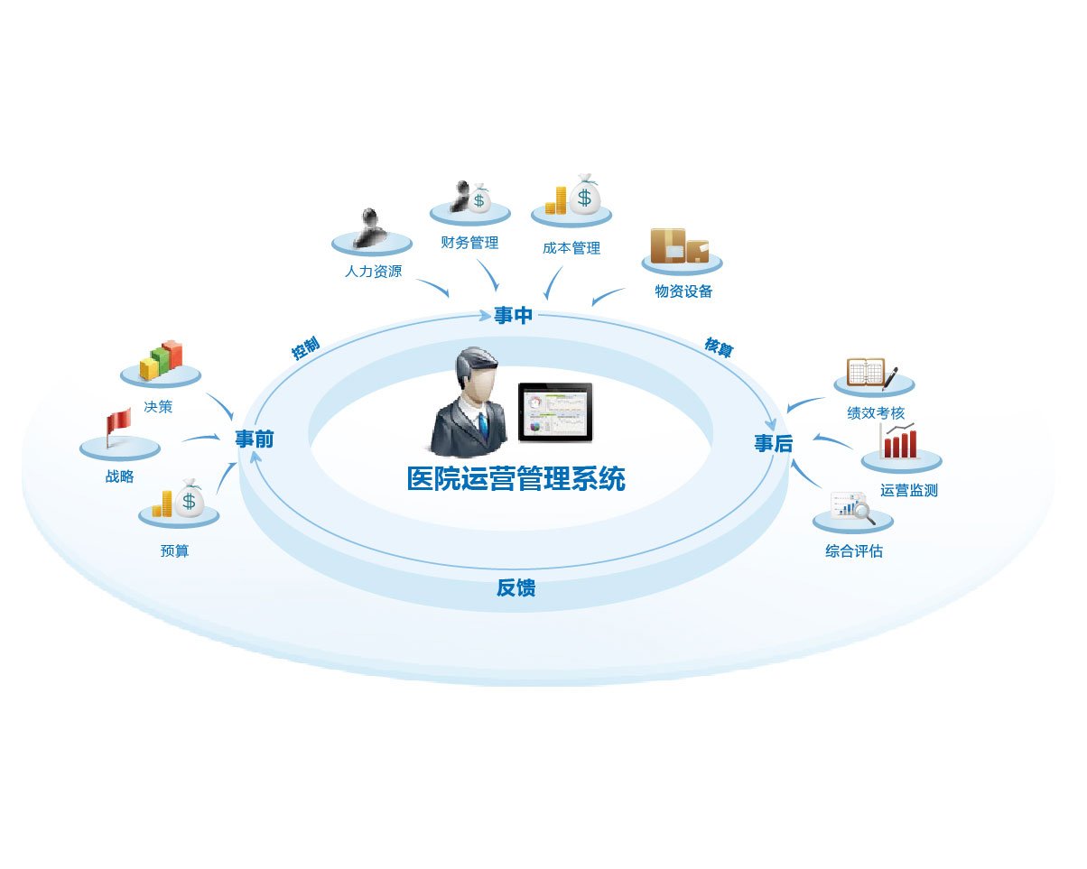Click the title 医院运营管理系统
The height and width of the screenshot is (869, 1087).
pyautogui.click(x=516, y=478)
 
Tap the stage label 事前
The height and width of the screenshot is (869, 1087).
pyautogui.click(x=254, y=439)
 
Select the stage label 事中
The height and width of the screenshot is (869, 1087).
pyautogui.click(x=514, y=316)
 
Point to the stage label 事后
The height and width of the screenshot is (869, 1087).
pyautogui.click(x=773, y=443)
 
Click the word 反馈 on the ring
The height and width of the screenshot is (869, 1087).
pyautogui.click(x=516, y=588)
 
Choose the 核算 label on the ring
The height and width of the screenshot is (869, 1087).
pyautogui.click(x=719, y=347)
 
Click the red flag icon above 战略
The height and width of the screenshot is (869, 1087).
pyautogui.click(x=117, y=423)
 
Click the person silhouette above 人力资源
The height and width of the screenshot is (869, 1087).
pyautogui.click(x=371, y=226)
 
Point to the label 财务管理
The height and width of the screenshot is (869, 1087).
pyautogui.click(x=469, y=243)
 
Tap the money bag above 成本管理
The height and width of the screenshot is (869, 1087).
pyautogui.click(x=585, y=193)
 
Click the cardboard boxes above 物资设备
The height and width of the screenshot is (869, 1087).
pyautogui.click(x=680, y=245)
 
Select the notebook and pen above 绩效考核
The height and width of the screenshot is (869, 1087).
pyautogui.click(x=871, y=373)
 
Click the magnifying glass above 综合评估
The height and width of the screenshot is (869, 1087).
pyautogui.click(x=864, y=512)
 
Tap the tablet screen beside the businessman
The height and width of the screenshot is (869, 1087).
pyautogui.click(x=555, y=412)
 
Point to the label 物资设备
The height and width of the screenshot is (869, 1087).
pyautogui.click(x=683, y=291)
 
